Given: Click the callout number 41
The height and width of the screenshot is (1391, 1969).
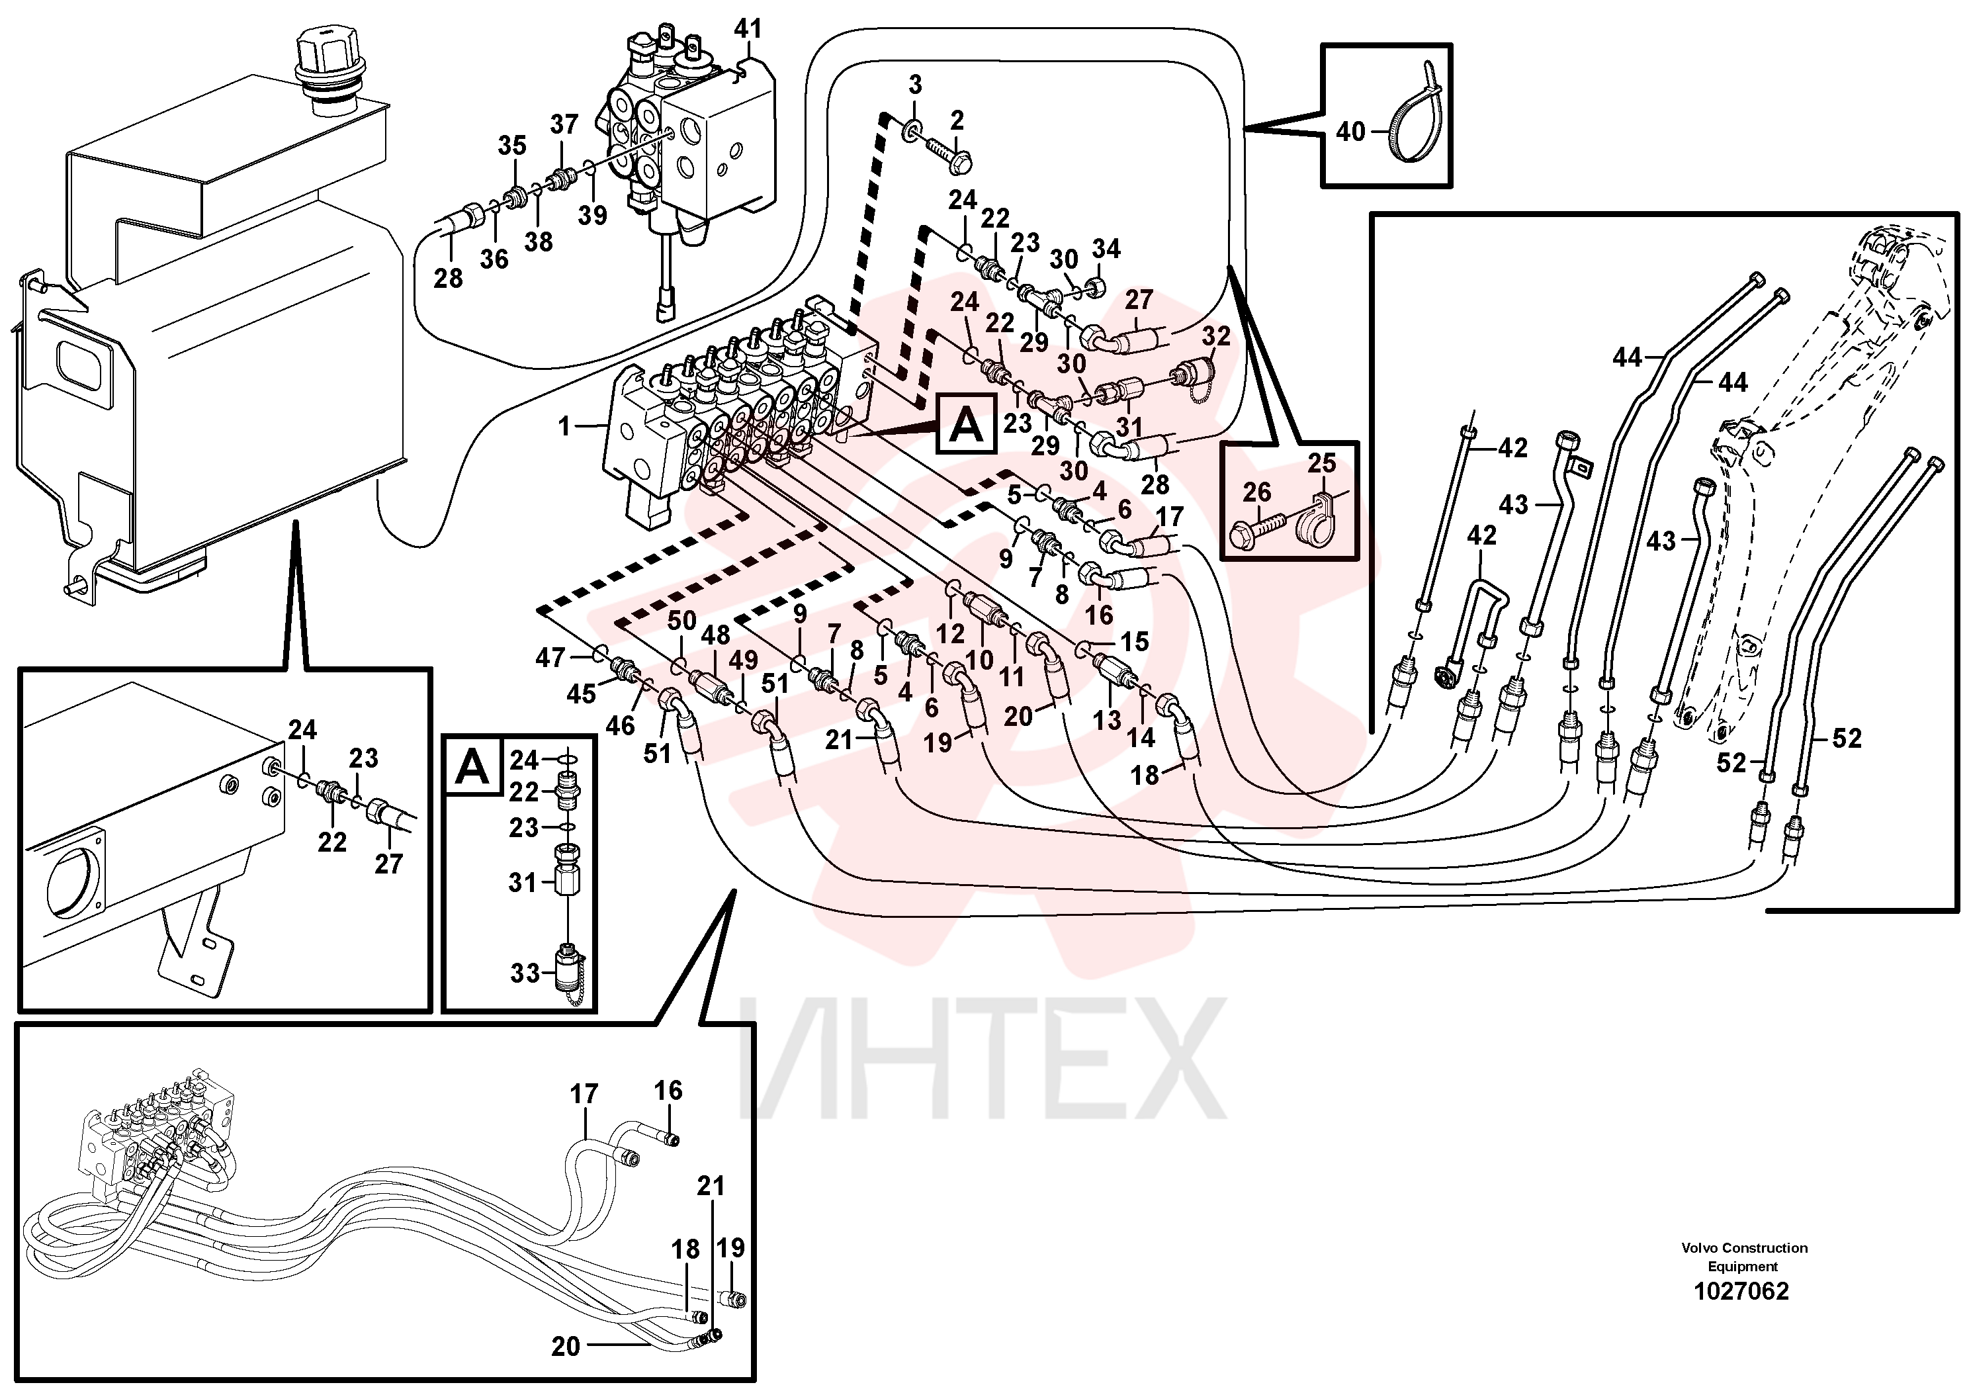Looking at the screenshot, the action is pyautogui.click(x=748, y=29).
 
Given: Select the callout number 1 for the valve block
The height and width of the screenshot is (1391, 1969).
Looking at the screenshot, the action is pyautogui.click(x=564, y=426).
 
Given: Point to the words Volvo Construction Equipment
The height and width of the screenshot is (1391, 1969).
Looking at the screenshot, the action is pyautogui.click(x=1744, y=1257).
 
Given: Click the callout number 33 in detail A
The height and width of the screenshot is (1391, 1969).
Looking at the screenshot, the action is pyautogui.click(x=525, y=973).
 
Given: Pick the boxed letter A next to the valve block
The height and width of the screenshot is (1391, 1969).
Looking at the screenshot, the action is pyautogui.click(x=967, y=424).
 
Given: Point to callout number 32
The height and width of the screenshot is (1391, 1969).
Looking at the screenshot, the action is pyautogui.click(x=1217, y=337).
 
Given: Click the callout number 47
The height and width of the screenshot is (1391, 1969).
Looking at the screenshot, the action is pyautogui.click(x=550, y=657).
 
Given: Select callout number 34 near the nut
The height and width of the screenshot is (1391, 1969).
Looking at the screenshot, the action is pyautogui.click(x=1106, y=249).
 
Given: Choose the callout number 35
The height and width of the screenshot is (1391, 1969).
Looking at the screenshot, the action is pyautogui.click(x=512, y=145).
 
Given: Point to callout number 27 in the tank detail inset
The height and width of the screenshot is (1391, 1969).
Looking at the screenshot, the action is pyautogui.click(x=388, y=863).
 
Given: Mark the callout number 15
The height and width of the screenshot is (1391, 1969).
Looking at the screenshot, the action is pyautogui.click(x=1135, y=641).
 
